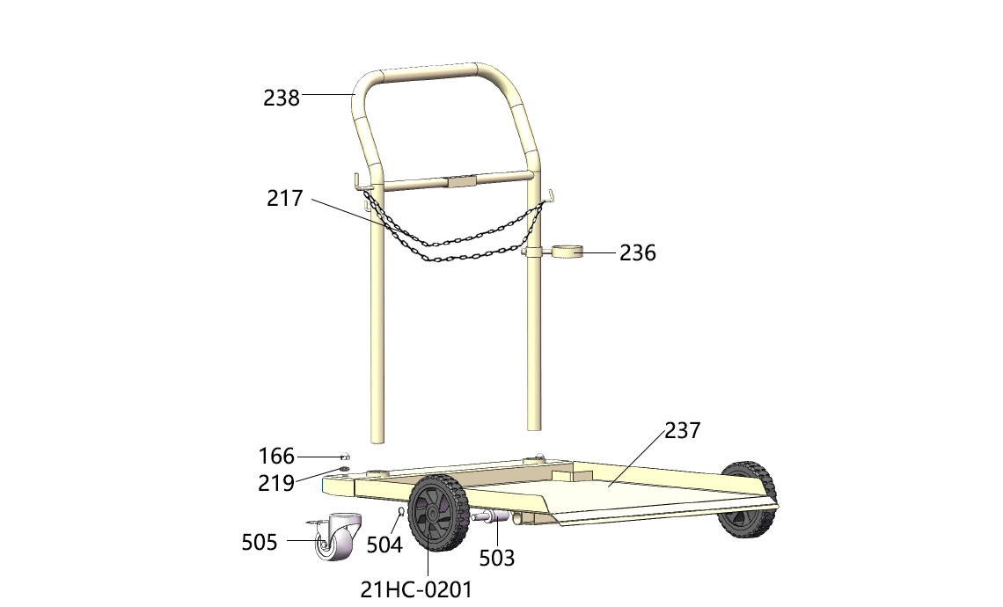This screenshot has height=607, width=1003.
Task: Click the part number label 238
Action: coord(282,98)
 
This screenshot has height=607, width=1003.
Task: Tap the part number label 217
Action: coord(285,198)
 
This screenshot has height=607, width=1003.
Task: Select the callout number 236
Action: coord(638,253)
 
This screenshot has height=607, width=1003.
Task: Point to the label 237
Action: coord(683,430)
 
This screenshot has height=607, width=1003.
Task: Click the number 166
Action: coord(276,456)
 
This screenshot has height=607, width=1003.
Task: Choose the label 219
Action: coord(276,483)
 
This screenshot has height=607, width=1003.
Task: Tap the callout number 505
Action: coord(259,543)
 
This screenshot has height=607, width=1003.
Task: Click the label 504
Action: coord(384,545)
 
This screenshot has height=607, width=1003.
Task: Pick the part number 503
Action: coord(497,559)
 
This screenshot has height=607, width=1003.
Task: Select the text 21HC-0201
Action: coord(416,589)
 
